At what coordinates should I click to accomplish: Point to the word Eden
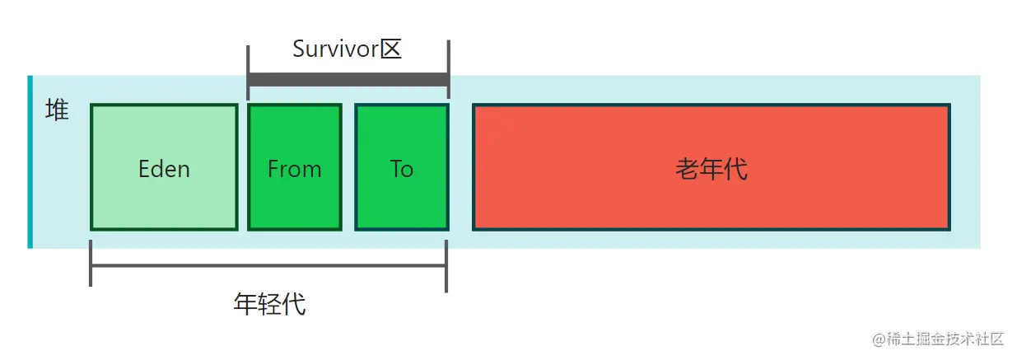click(x=164, y=169)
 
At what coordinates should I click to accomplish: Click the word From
click(x=294, y=169)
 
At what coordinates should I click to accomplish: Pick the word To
click(x=401, y=169)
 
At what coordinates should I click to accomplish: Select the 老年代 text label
click(x=711, y=169)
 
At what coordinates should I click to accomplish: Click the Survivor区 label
click(x=347, y=49)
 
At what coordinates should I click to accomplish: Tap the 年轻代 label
click(x=269, y=305)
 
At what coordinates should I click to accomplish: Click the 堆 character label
click(x=57, y=110)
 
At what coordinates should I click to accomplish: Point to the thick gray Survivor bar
click(x=348, y=80)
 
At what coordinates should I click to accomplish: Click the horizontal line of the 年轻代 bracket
click(x=268, y=265)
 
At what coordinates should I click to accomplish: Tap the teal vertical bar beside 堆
click(x=30, y=161)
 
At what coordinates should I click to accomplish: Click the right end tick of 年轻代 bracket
click(x=446, y=265)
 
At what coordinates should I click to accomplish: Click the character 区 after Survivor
click(x=390, y=49)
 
